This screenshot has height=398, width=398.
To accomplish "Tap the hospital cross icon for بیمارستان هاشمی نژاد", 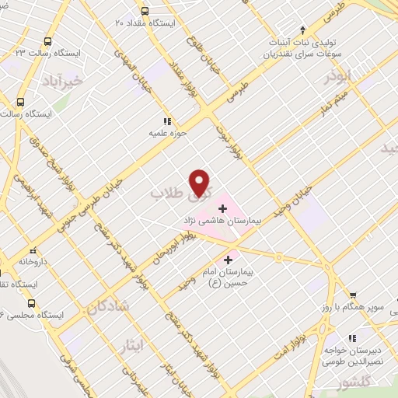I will pos(223,208).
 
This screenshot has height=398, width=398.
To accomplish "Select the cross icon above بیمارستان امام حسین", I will pos(228,260).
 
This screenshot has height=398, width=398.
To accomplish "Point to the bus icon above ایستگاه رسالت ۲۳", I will pos(47,41).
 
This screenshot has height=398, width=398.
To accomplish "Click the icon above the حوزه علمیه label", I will pos(165,121).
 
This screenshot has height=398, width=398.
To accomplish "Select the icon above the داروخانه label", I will pos(33,251).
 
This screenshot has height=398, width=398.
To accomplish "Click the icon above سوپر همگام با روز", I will pos(353,296).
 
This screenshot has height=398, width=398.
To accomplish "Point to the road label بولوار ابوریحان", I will pos(178,244).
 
